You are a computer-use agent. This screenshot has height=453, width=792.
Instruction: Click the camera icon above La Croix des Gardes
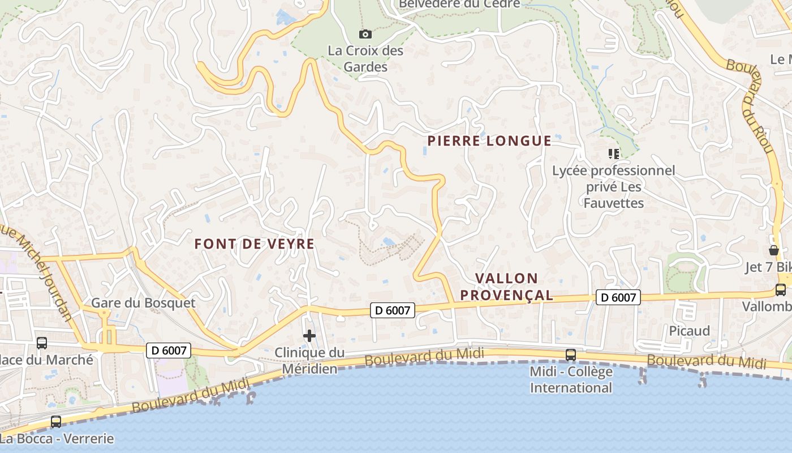click(365, 34)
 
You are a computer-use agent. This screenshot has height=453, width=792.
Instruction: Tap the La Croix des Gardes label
click(365, 59)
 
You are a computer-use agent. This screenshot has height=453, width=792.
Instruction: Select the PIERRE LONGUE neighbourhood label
click(489, 141)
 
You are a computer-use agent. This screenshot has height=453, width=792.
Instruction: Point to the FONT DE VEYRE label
click(254, 244)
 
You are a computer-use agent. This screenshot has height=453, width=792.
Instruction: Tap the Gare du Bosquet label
click(143, 303)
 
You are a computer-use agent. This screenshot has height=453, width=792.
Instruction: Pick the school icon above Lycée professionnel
click(613, 153)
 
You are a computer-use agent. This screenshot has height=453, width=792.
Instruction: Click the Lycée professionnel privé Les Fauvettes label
click(614, 187)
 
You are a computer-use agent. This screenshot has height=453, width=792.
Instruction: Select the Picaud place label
click(689, 331)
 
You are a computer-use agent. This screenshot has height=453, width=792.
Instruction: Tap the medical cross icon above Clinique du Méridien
click(309, 336)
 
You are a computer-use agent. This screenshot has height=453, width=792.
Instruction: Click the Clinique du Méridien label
click(309, 361)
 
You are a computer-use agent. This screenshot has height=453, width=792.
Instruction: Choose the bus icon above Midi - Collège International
click(571, 355)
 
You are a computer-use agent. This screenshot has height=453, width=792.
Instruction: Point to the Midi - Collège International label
click(571, 380)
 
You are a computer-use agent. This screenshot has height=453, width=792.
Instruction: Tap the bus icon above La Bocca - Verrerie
click(56, 422)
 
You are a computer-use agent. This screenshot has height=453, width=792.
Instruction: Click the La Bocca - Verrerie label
click(57, 439)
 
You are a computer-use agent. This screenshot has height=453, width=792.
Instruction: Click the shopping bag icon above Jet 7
click(774, 250)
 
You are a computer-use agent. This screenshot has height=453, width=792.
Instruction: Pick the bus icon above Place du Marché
click(42, 343)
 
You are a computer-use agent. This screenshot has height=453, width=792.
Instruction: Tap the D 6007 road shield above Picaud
click(618, 297)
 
